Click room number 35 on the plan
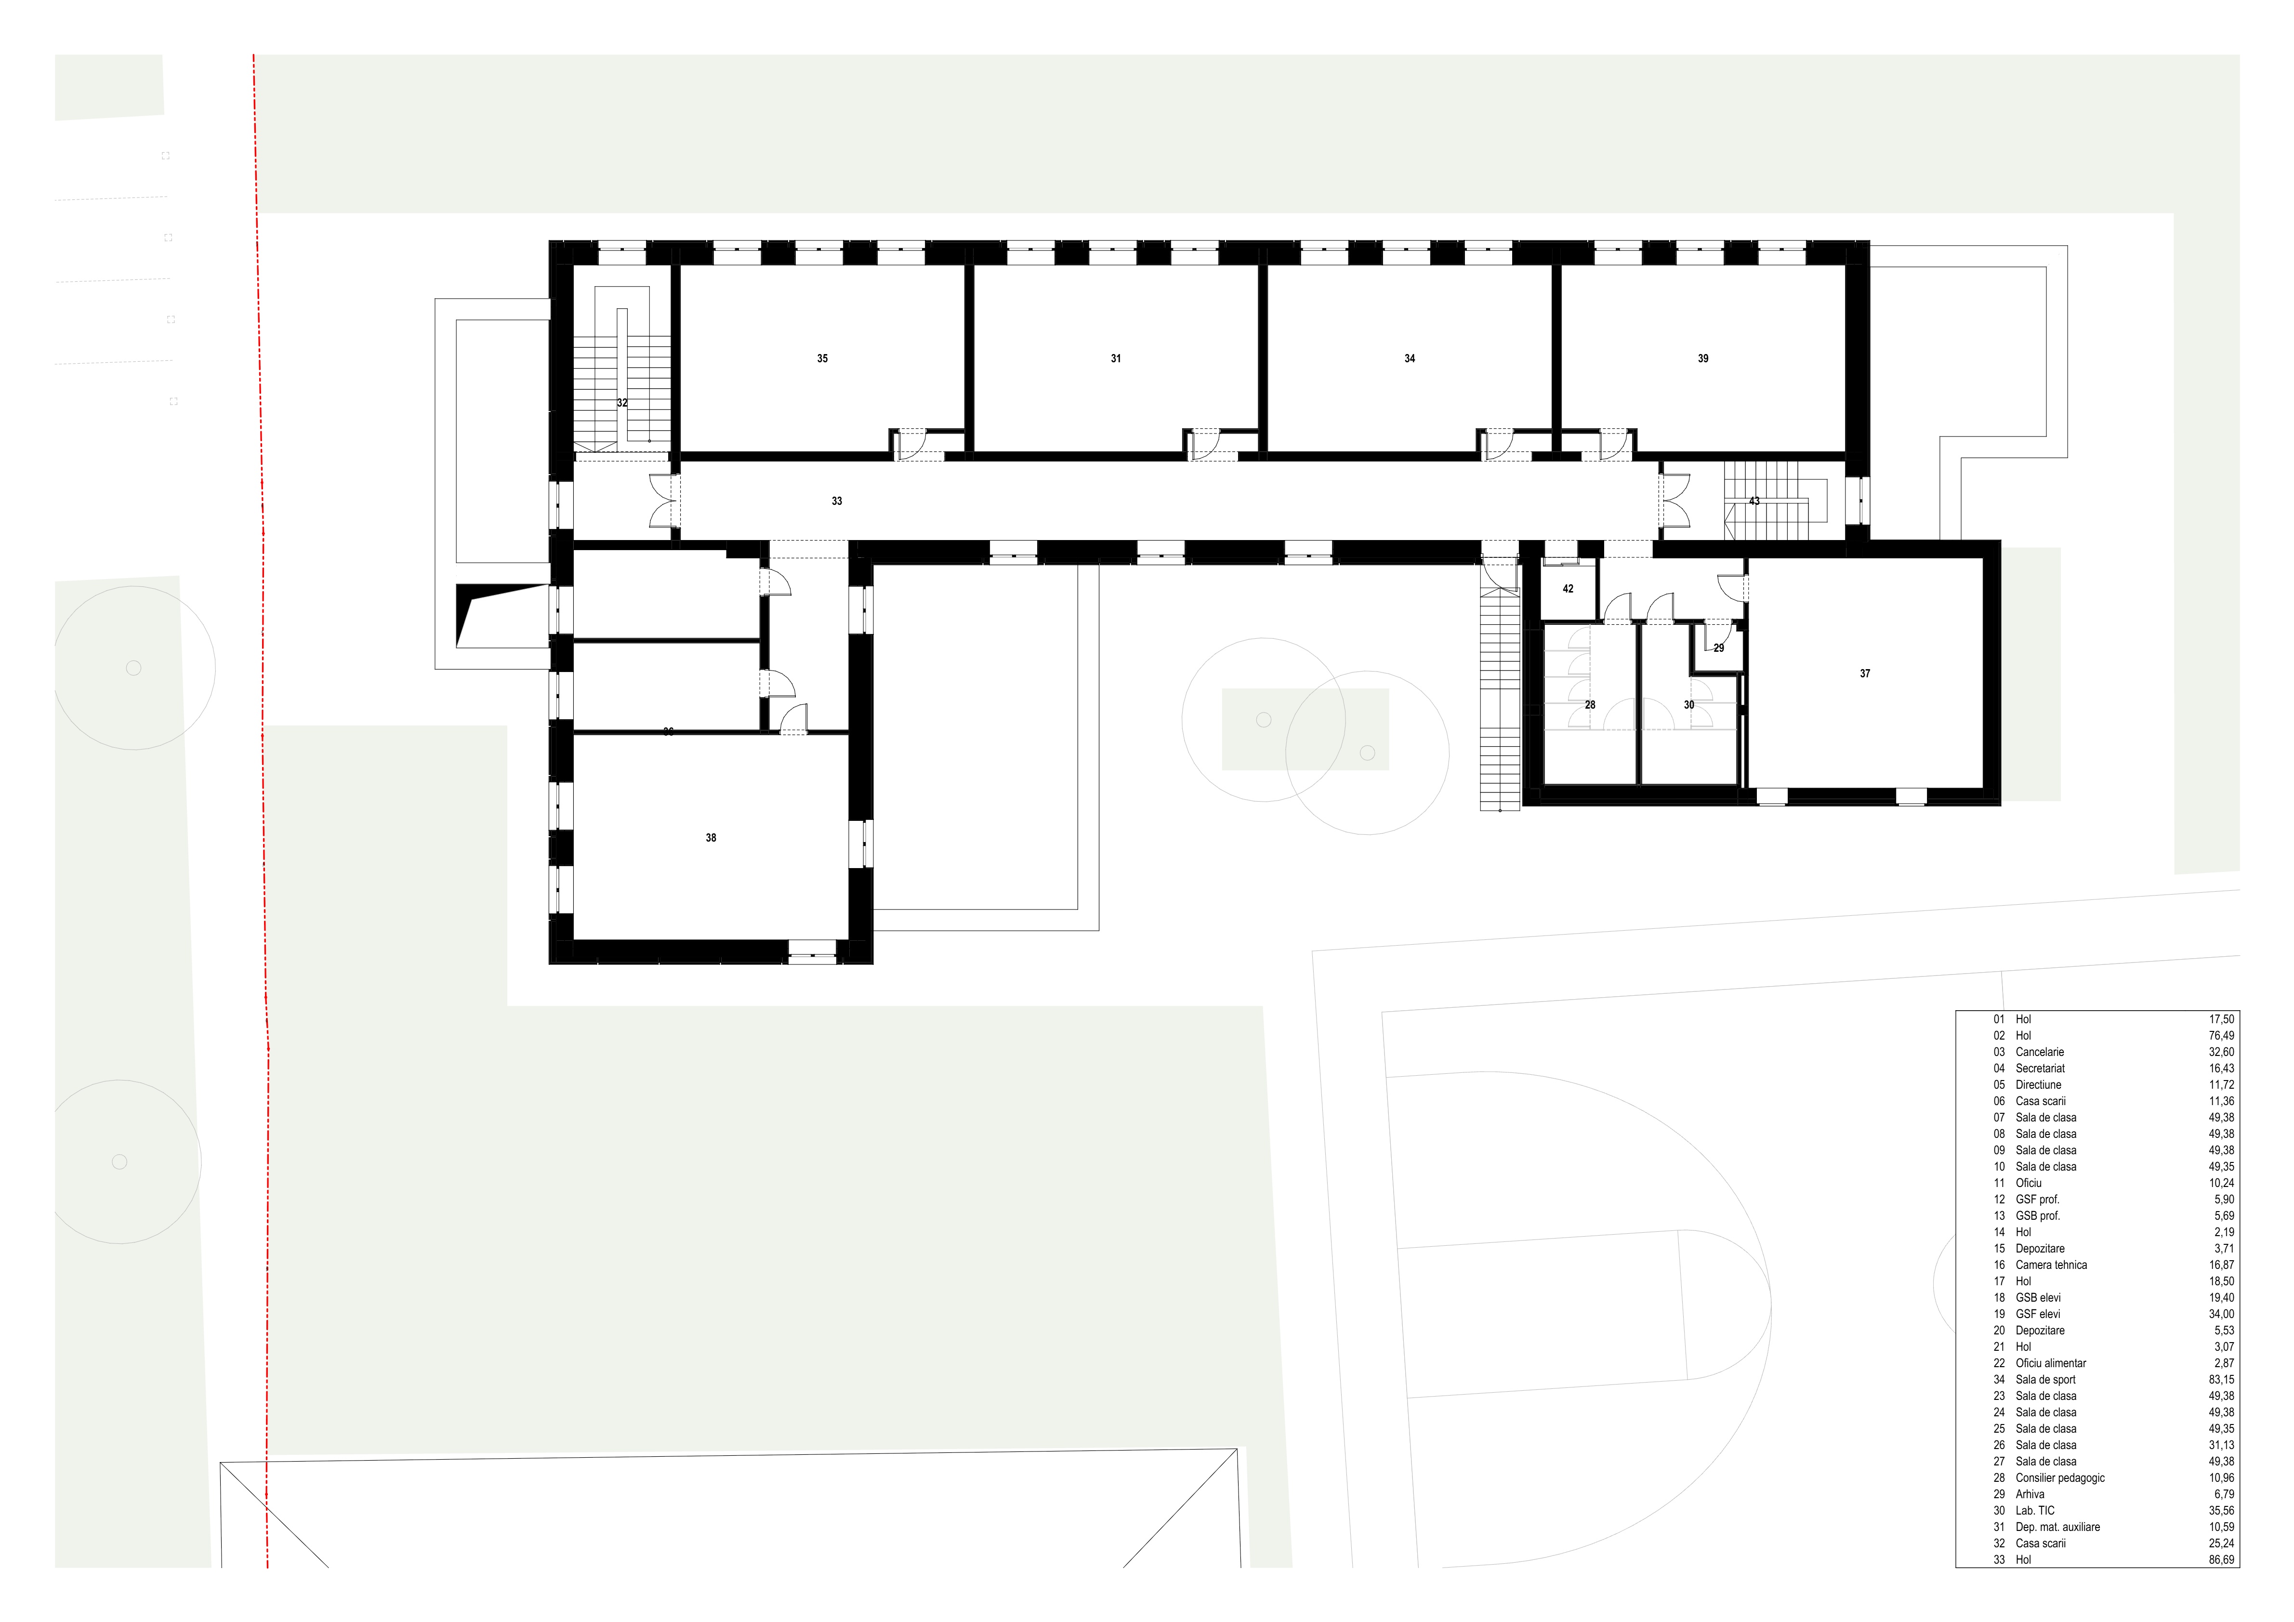coord(822,359)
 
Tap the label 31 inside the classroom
coord(1116,359)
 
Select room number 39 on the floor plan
coord(1703,359)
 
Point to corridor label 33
coord(837,501)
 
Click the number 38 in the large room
coord(712,839)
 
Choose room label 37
coord(1865,674)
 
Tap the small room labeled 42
coord(1569,590)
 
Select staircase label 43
coord(1754,501)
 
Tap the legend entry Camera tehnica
coord(2051,1265)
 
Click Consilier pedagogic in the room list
coord(2060,1478)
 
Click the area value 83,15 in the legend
coord(2222,1380)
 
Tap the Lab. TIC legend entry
coord(2035,1511)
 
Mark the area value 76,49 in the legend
coord(2222,1036)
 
